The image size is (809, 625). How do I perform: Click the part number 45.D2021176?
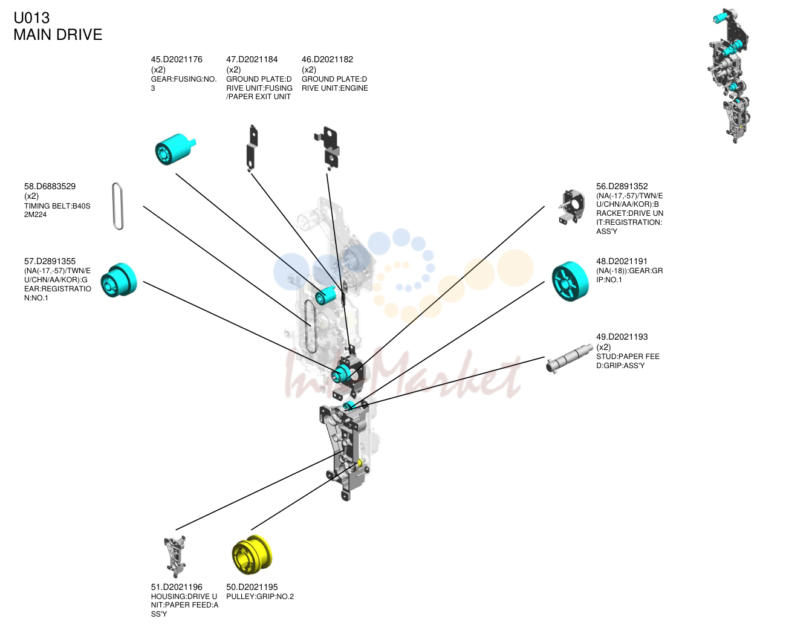click(177, 59)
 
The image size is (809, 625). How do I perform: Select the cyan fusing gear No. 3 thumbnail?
click(175, 149)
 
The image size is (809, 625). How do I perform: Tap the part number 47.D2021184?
click(252, 59)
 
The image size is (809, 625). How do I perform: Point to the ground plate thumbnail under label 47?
click(252, 148)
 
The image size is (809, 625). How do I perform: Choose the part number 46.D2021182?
click(327, 59)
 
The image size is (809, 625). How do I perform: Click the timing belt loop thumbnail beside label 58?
click(118, 206)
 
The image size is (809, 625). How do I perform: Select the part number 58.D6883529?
click(50, 186)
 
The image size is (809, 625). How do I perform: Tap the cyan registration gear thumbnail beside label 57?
click(119, 280)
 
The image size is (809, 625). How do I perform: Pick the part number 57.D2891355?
click(50, 262)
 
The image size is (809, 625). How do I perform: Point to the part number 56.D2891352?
click(622, 186)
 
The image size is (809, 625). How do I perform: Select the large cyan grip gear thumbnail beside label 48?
click(570, 281)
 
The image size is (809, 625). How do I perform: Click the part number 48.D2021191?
click(622, 262)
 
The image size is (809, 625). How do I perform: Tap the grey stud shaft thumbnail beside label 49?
click(569, 358)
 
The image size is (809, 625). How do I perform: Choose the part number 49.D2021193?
click(622, 337)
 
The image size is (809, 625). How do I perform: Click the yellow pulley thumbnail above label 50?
click(252, 555)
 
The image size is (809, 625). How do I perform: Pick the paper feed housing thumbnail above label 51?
click(175, 557)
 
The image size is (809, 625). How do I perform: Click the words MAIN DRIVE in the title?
click(57, 34)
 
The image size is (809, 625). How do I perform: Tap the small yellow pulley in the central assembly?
click(360, 462)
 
